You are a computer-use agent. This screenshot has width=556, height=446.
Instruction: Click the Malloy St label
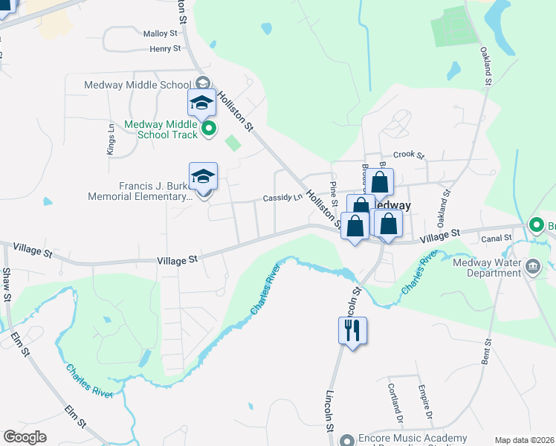point(161,33)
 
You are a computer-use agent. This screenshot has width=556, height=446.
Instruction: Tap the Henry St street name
point(165,49)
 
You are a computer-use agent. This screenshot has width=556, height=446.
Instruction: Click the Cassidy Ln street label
point(282,198)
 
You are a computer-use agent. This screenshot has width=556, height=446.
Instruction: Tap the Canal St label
point(497,238)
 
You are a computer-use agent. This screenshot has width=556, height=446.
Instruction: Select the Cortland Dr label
point(394,400)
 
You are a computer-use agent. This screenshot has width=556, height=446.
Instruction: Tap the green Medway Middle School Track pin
point(209,129)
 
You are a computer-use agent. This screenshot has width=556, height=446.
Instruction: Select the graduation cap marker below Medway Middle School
point(201,104)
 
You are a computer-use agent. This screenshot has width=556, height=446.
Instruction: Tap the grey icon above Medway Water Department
point(532,265)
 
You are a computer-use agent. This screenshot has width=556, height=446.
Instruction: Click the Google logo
point(25,437)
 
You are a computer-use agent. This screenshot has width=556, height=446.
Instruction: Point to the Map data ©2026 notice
point(524,440)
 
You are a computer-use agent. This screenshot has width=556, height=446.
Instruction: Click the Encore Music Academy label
point(413,439)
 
